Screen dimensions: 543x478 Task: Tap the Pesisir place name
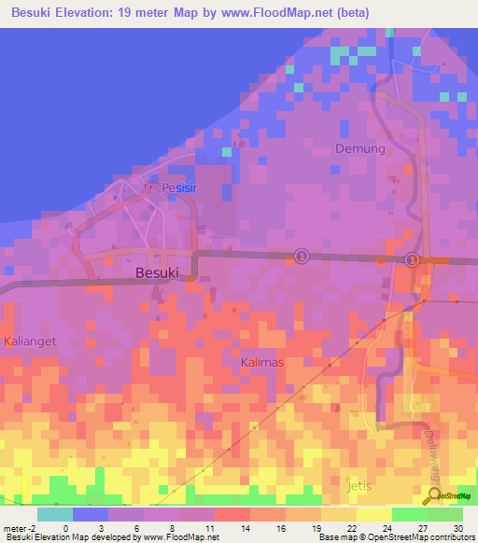click(181, 188)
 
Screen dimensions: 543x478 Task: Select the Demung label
click(359, 148)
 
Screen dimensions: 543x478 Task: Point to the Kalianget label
click(29, 341)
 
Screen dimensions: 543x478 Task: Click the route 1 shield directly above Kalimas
click(302, 255)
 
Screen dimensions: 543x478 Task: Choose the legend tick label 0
click(65, 527)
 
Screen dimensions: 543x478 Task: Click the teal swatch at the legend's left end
click(54, 514)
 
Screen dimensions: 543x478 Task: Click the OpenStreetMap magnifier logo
click(432, 497)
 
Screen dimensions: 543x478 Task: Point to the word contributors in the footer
click(450, 537)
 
